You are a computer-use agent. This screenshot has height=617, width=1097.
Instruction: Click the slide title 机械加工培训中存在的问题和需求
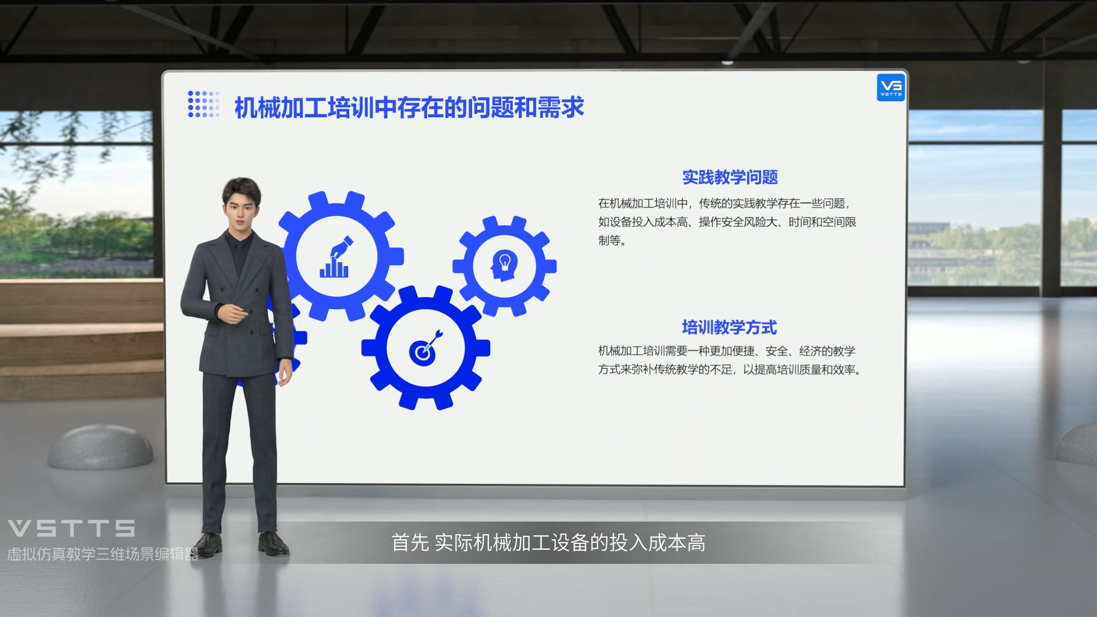pyautogui.click(x=409, y=107)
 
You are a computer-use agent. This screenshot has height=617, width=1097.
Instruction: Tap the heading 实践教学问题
pyautogui.click(x=730, y=177)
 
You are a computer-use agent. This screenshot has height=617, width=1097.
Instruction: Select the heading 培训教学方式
pyautogui.click(x=729, y=327)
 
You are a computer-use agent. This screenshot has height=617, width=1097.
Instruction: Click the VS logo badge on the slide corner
pyautogui.click(x=891, y=87)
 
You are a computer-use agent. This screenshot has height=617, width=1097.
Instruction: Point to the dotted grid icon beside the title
pyautogui.click(x=203, y=104)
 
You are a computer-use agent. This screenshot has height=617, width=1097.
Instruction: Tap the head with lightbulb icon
pyautogui.click(x=504, y=265)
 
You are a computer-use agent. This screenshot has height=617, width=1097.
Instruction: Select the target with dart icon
pyautogui.click(x=426, y=348)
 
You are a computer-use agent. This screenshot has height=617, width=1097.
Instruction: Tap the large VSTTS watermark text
pyautogui.click(x=71, y=528)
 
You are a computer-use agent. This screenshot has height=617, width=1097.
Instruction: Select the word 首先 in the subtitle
pyautogui.click(x=410, y=543)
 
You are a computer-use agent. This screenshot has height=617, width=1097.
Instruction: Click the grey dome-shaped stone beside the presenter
pyautogui.click(x=100, y=447)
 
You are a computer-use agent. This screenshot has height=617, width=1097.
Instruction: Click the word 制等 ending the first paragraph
pyautogui.click(x=610, y=241)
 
